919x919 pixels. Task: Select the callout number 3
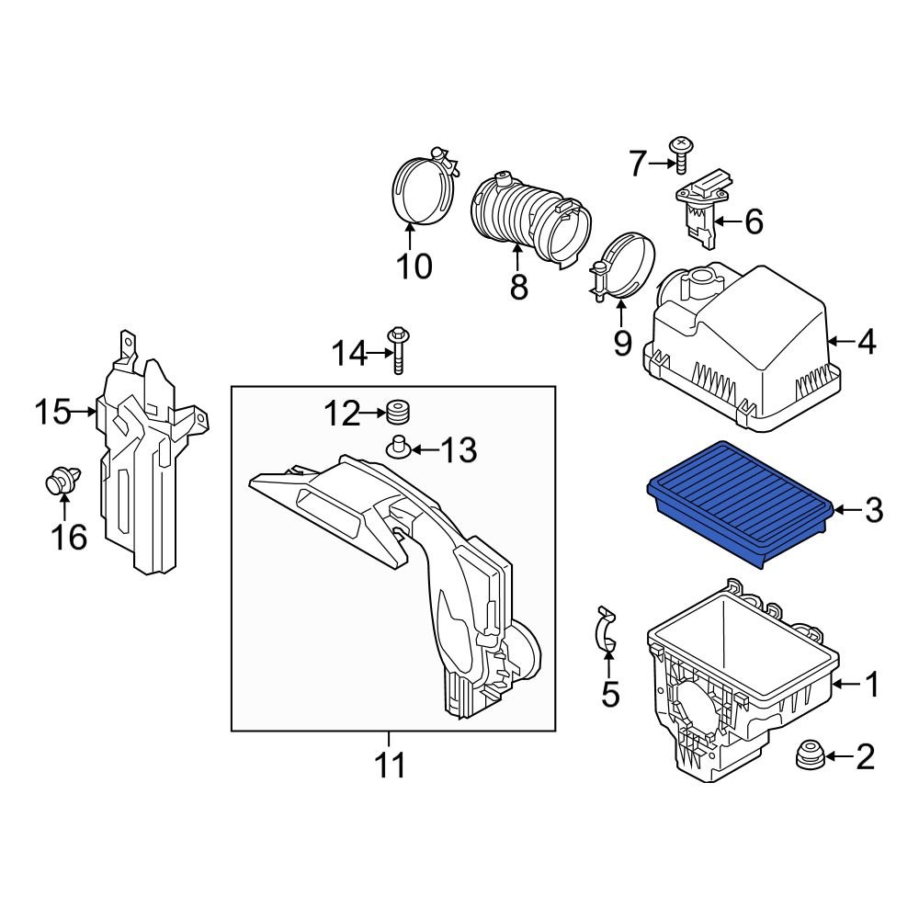point(872,509)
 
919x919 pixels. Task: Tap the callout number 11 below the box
point(390,764)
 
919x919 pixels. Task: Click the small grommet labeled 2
point(809,755)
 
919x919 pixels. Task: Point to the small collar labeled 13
point(398,448)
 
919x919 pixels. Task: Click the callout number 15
point(52,412)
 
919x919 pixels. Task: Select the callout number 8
point(519,287)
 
